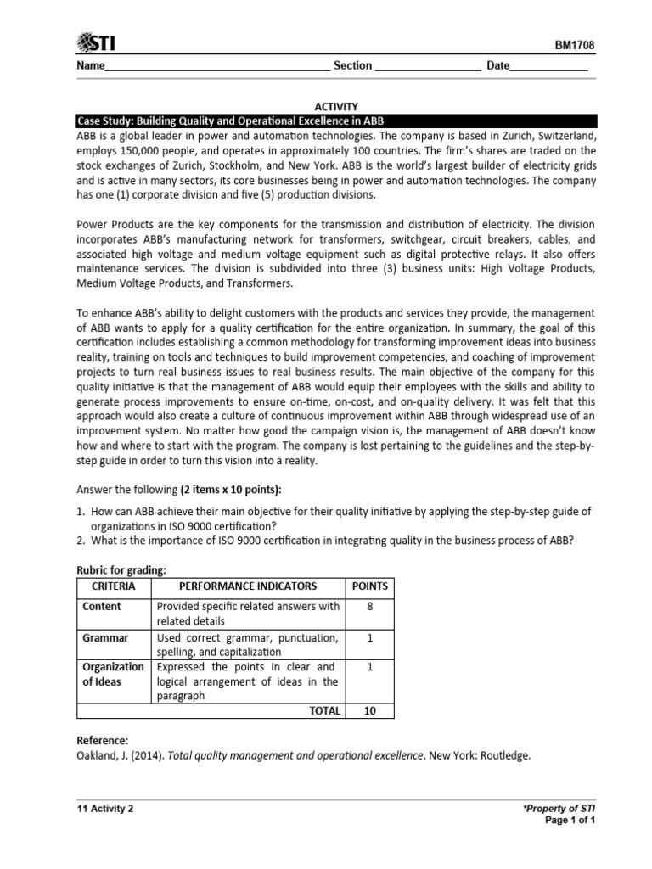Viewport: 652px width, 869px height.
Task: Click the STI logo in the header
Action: tap(97, 42)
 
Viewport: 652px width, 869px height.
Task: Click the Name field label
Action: tap(91, 66)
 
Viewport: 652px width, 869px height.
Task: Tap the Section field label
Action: tap(352, 66)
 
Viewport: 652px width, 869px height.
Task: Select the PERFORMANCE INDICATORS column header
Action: tap(248, 586)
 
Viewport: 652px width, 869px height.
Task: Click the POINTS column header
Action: tap(369, 586)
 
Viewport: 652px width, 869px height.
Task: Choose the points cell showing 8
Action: tap(369, 607)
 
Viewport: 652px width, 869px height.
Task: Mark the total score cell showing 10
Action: tap(369, 711)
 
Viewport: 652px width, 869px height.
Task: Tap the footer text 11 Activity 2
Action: tap(105, 809)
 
